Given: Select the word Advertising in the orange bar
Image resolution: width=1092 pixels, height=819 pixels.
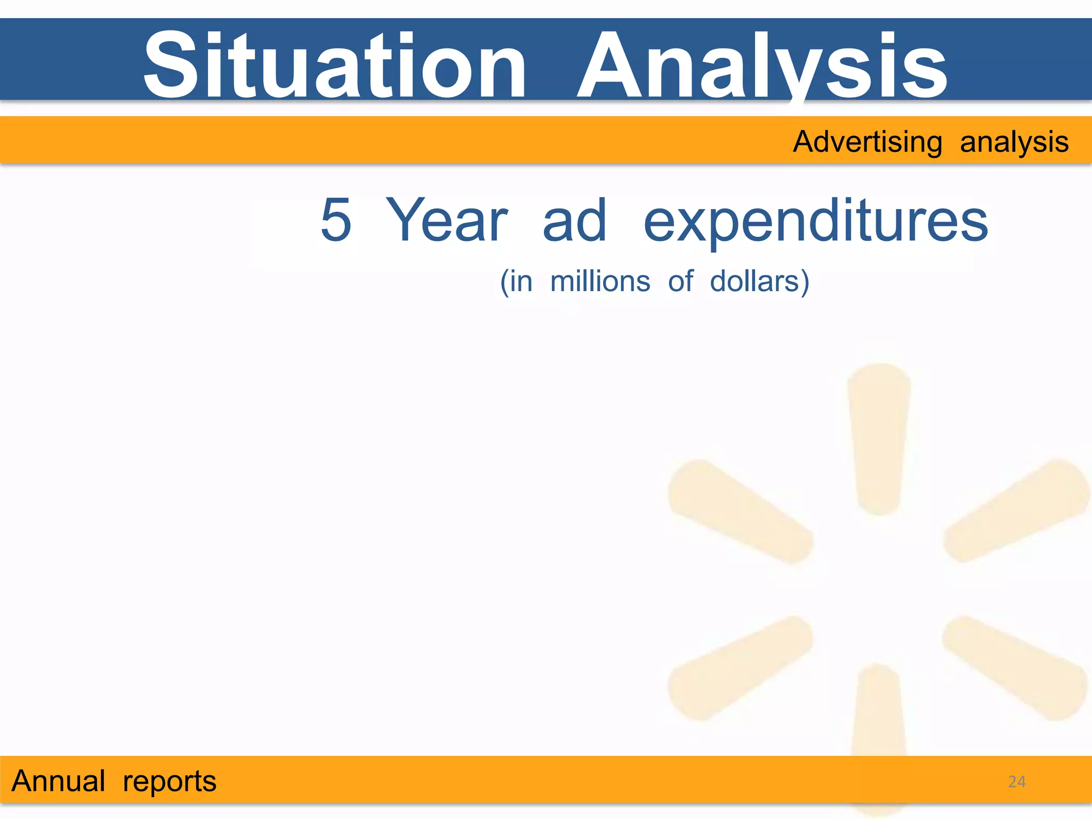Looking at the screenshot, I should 868,142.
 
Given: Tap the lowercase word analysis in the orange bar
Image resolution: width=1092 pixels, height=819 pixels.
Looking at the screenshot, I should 1014,142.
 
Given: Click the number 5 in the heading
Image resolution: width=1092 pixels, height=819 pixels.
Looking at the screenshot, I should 336,220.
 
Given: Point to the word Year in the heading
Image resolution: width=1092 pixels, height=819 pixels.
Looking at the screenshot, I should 446,220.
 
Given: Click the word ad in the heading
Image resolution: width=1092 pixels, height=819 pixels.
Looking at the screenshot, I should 574,220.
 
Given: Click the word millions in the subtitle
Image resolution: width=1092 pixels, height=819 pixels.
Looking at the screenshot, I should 600,282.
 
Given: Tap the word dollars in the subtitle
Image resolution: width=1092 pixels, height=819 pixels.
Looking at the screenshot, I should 755,282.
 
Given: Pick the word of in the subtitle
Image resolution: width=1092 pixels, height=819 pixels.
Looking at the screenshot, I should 680,282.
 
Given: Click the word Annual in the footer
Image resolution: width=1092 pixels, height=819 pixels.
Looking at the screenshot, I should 59,781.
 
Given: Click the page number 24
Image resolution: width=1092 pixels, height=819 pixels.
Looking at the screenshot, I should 1017,782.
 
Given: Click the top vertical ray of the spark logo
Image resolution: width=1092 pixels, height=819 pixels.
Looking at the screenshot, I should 879,437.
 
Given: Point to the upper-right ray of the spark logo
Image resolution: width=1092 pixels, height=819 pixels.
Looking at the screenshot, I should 1016,511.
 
